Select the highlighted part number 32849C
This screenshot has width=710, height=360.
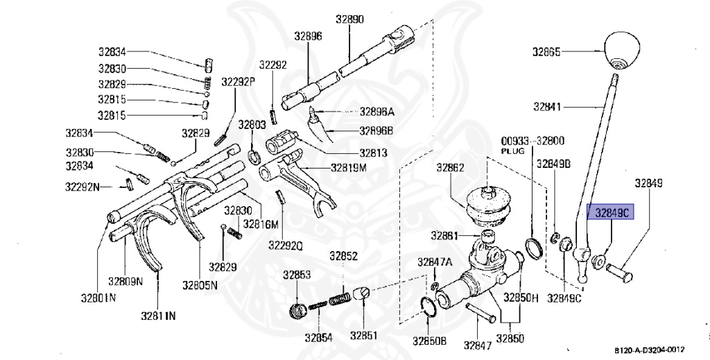click(x=611, y=214)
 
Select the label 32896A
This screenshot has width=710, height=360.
click(x=376, y=112)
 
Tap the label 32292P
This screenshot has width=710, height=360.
click(x=239, y=81)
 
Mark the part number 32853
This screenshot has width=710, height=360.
click(x=296, y=275)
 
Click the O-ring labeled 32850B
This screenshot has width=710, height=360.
click(x=430, y=307)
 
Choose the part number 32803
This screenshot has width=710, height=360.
click(x=252, y=125)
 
